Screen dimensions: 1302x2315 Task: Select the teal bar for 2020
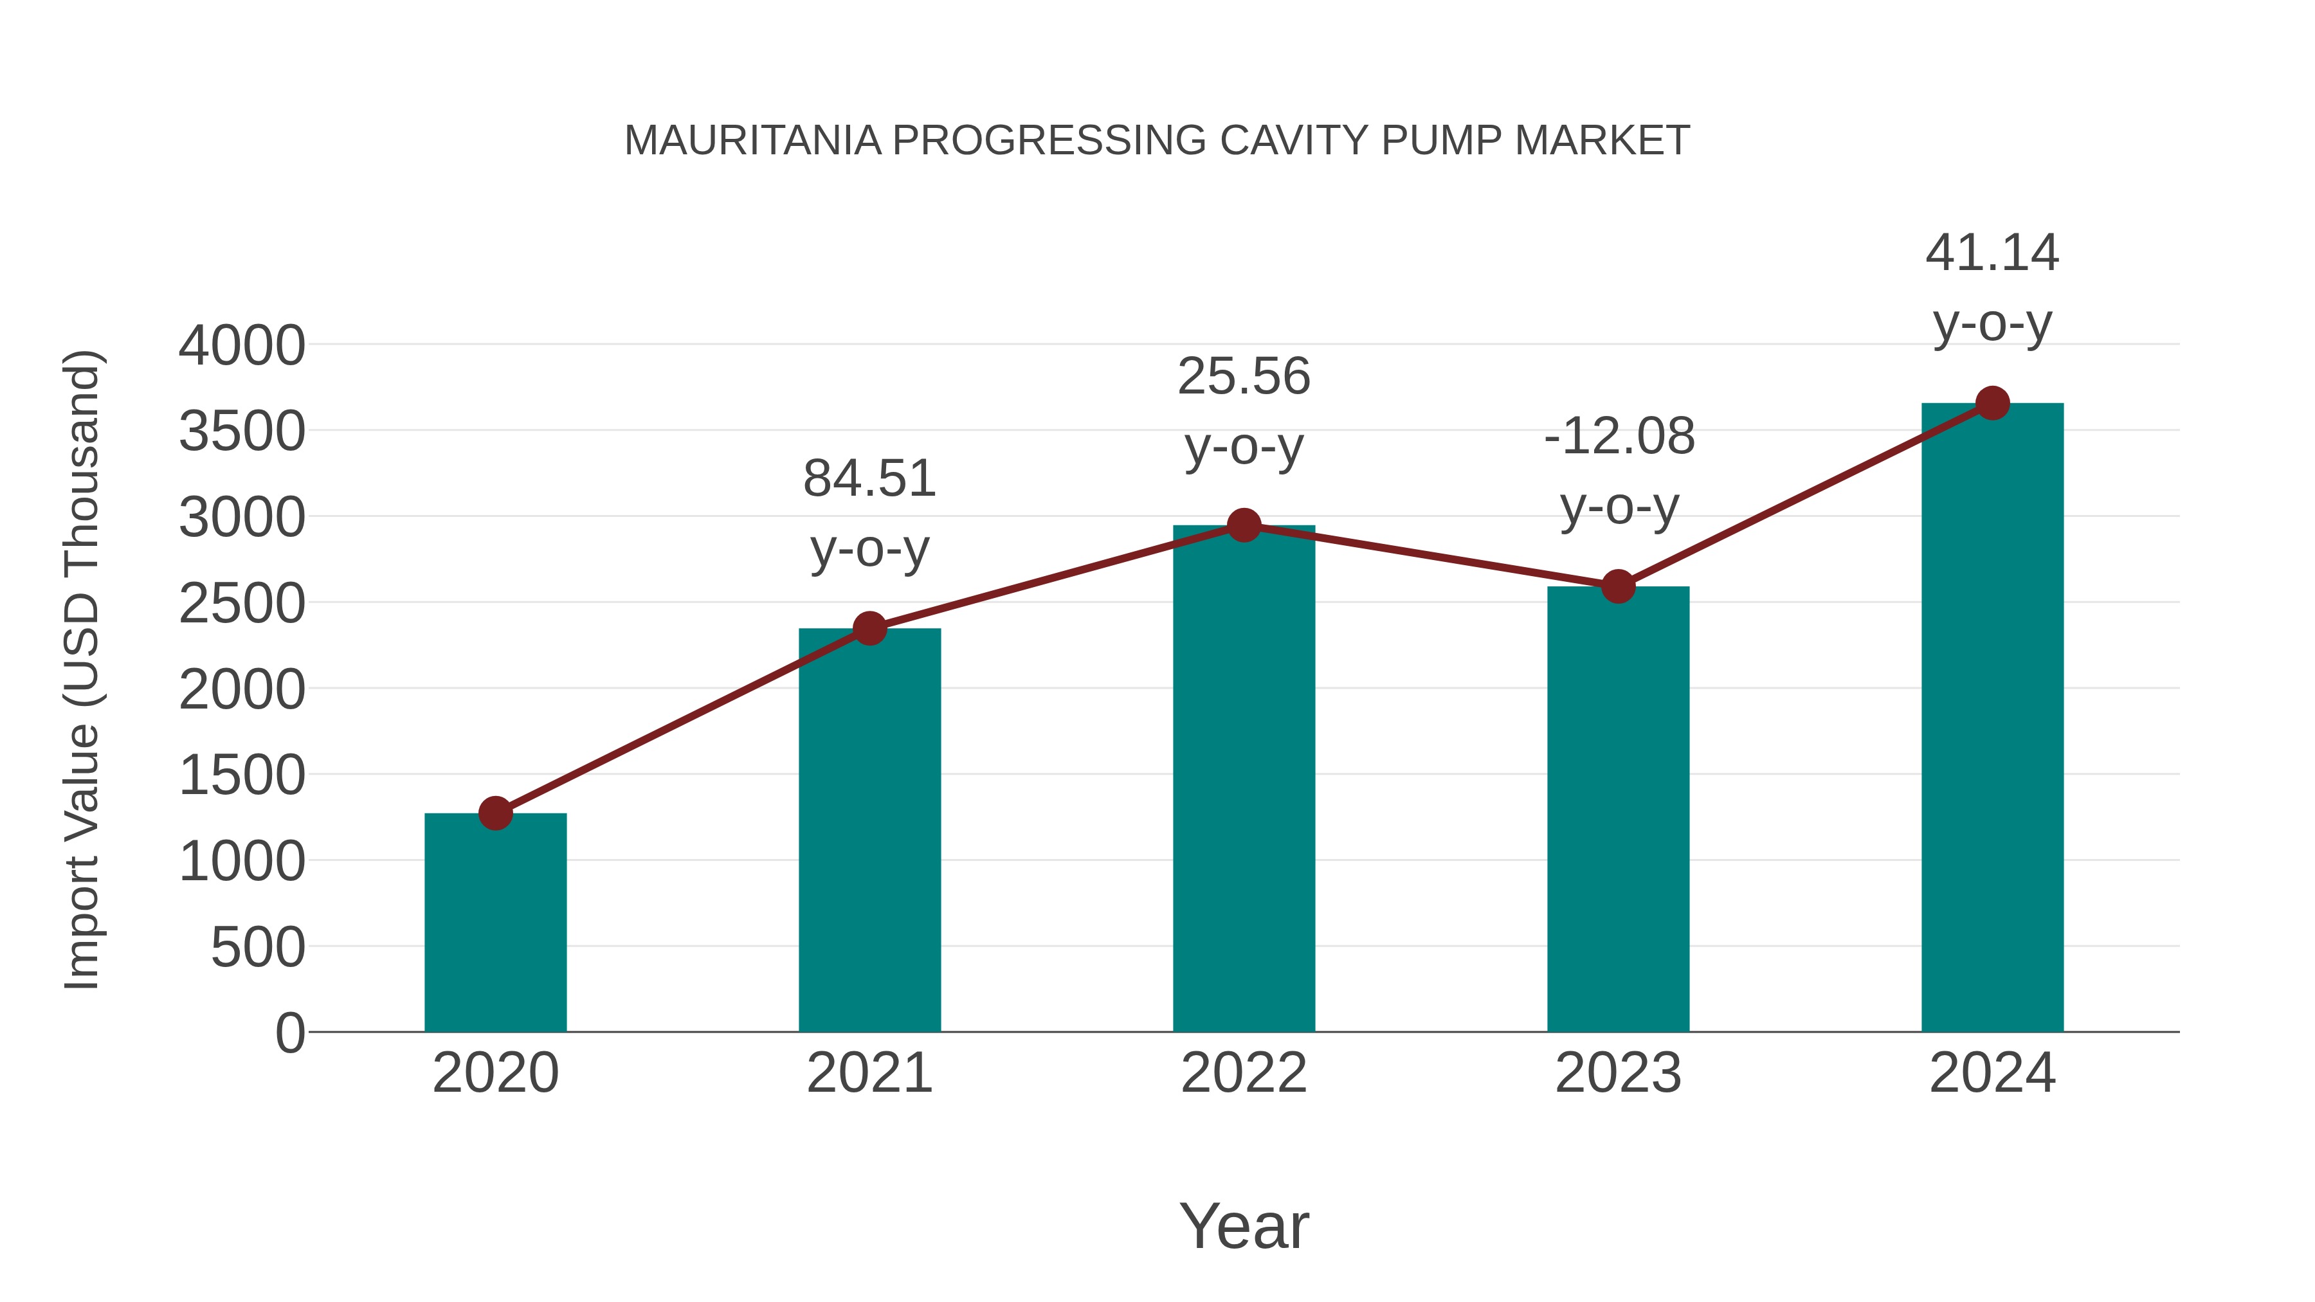coord(495,925)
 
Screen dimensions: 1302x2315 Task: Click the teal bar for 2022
coord(1244,782)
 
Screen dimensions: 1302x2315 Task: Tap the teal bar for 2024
coord(1992,719)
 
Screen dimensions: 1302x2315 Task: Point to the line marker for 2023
coord(1618,587)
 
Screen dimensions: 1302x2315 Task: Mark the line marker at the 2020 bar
coord(495,813)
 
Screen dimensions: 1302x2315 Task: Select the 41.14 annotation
coord(1992,253)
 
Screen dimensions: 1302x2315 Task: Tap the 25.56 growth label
coord(1244,377)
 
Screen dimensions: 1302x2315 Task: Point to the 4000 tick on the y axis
coord(242,346)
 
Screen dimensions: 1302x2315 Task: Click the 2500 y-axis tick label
coord(242,604)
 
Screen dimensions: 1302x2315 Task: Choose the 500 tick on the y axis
coord(258,948)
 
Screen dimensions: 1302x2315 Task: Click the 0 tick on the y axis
coord(289,1033)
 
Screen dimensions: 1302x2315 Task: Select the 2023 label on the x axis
coord(1618,1074)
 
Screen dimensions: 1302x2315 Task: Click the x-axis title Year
coord(1244,1227)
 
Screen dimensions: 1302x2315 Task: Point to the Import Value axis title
coord(83,669)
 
